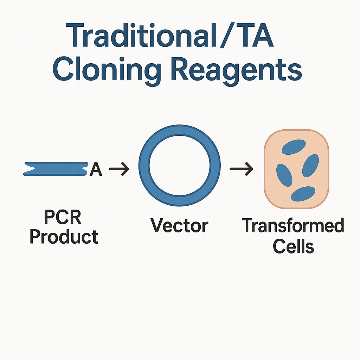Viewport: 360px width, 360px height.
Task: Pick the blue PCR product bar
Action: pyautogui.click(x=56, y=169)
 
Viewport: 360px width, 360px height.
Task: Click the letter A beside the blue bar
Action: pyautogui.click(x=96, y=169)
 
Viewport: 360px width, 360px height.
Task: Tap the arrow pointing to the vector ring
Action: pyautogui.click(x=119, y=169)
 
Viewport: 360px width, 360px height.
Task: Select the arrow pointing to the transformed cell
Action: pyautogui.click(x=242, y=169)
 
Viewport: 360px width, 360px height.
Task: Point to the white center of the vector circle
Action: pyautogui.click(x=180, y=166)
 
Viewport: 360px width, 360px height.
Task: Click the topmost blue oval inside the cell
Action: pyautogui.click(x=294, y=147)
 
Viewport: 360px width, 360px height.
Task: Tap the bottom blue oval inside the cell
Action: pyautogui.click(x=303, y=194)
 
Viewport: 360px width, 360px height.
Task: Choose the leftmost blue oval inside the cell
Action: pyautogui.click(x=284, y=175)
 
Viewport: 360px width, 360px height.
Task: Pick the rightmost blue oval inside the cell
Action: pyautogui.click(x=310, y=166)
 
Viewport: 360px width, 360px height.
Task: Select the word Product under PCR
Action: pyautogui.click(x=64, y=237)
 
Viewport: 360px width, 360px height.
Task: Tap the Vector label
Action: pyautogui.click(x=179, y=225)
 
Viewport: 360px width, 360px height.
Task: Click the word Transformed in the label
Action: pyautogui.click(x=293, y=225)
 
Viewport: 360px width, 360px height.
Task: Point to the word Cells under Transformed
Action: pyautogui.click(x=294, y=246)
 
